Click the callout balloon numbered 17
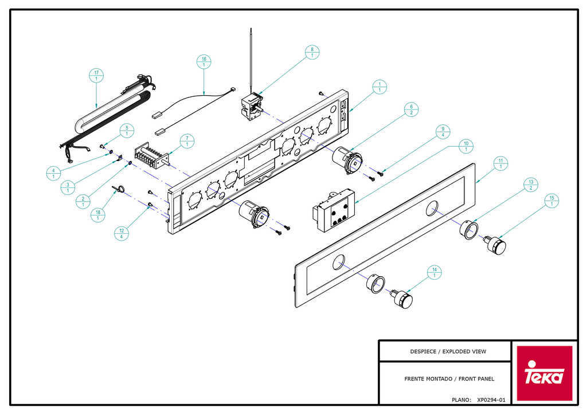pyautogui.click(x=96, y=76)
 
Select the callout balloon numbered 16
pyautogui.click(x=204, y=62)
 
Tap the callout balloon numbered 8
pyautogui.click(x=312, y=52)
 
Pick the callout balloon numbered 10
pyautogui.click(x=465, y=146)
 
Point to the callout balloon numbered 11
pyautogui.click(x=500, y=163)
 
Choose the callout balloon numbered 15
pyautogui.click(x=551, y=201)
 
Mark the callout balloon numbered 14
pyautogui.click(x=435, y=272)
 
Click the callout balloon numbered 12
pyautogui.click(x=122, y=233)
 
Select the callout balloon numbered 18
pyautogui.click(x=97, y=215)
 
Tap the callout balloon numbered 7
pyautogui.click(x=187, y=142)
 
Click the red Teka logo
pyautogui.click(x=545, y=373)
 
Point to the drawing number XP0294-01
pyautogui.click(x=491, y=400)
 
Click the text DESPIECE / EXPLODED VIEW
pyautogui.click(x=448, y=351)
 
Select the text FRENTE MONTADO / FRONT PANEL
pyautogui.click(x=449, y=379)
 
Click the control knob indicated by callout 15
pyautogui.click(x=495, y=245)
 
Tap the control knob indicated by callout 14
pyautogui.click(x=402, y=298)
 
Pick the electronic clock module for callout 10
pyautogui.click(x=333, y=210)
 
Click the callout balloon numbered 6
pyautogui.click(x=411, y=109)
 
